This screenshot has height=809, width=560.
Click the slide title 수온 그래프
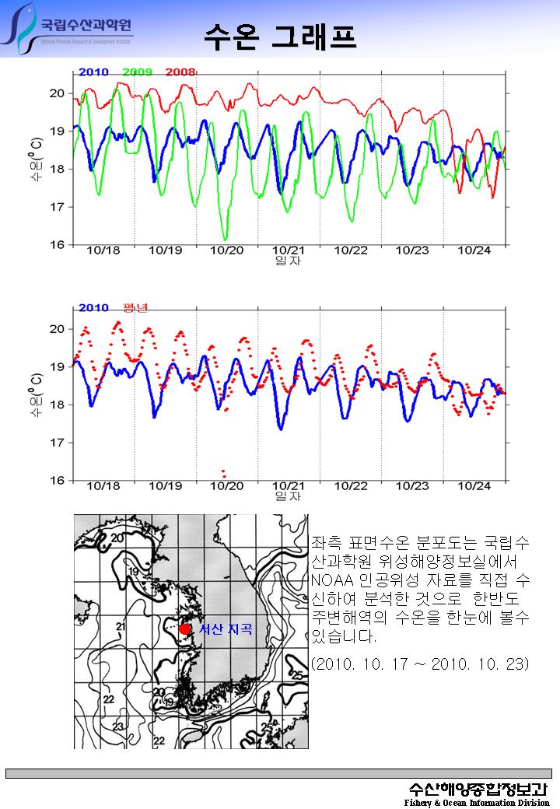279,34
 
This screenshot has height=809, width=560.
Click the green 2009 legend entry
137,72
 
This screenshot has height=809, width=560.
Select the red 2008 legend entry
180,72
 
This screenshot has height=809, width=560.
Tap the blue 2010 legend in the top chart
93,72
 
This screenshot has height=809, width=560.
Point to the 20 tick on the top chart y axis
58,93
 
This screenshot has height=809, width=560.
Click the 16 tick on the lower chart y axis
58,480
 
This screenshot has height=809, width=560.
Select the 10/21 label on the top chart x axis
289,250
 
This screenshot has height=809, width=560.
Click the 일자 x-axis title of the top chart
288,261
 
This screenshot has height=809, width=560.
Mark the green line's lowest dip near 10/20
226,238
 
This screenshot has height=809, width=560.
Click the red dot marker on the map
184,629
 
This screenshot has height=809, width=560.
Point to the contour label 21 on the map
121,626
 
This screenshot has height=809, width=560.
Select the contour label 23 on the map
118,726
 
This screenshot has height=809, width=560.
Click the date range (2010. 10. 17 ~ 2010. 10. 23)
419,664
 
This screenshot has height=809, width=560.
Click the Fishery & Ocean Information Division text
477,802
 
